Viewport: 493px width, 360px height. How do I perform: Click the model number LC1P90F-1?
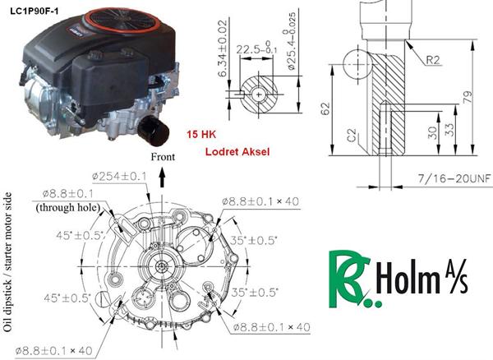(x=35, y=12)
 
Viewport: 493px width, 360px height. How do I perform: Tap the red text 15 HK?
(x=201, y=135)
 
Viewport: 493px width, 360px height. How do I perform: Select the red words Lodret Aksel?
(x=237, y=152)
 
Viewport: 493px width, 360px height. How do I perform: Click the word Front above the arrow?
(x=163, y=157)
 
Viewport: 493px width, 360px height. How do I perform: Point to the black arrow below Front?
(x=162, y=178)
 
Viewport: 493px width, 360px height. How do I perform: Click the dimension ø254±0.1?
(x=119, y=176)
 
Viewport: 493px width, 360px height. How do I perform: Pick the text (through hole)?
(x=68, y=207)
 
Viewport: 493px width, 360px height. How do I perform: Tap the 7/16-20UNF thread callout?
(x=454, y=178)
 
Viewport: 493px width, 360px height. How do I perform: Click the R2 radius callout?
(x=433, y=60)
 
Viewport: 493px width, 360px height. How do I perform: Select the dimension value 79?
(x=468, y=97)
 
